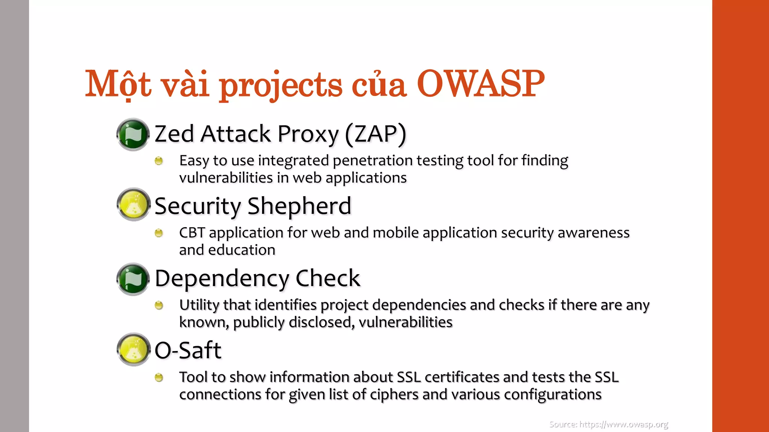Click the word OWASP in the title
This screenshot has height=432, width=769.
(x=480, y=84)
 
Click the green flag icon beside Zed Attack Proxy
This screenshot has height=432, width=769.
(x=133, y=135)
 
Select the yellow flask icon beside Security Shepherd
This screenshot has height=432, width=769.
(x=133, y=204)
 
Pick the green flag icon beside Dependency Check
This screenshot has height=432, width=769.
(x=133, y=279)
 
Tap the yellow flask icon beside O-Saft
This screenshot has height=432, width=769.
(x=133, y=349)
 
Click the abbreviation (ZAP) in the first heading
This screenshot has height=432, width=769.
(x=375, y=134)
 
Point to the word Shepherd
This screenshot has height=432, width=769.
(x=299, y=206)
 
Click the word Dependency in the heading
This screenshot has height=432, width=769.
(x=222, y=279)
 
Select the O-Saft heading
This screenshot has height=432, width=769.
(x=188, y=351)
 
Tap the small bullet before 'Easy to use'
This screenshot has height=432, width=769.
(x=159, y=161)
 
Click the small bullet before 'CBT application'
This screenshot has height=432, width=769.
(x=159, y=233)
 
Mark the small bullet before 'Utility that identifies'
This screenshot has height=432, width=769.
(x=159, y=306)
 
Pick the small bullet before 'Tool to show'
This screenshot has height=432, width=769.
(x=159, y=378)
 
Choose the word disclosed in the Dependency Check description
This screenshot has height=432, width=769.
(x=321, y=322)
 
